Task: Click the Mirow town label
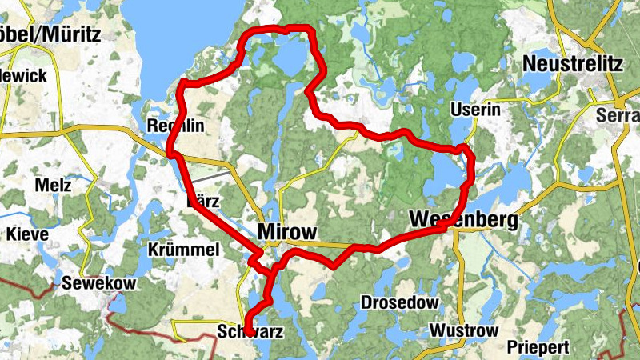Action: (288, 232)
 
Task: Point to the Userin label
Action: (475, 110)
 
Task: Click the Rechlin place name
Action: (176, 126)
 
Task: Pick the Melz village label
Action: (54, 186)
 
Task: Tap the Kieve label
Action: (28, 234)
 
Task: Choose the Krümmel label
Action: (184, 250)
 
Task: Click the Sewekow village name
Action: (99, 283)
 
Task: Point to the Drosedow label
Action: (399, 302)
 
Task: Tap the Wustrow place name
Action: (464, 330)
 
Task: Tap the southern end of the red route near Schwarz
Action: (249, 330)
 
